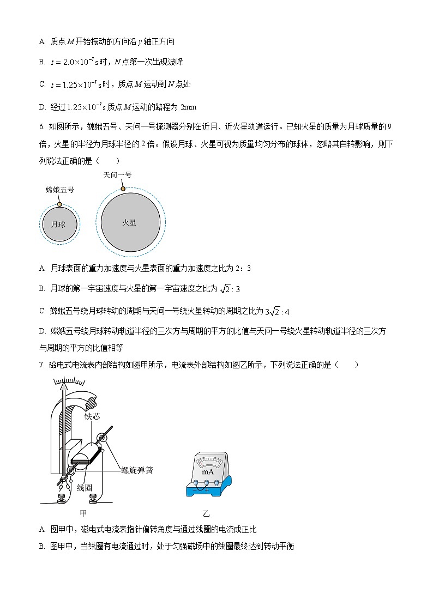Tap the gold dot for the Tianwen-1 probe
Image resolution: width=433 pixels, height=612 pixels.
tap(123, 189)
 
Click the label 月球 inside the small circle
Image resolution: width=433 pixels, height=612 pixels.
tap(58, 224)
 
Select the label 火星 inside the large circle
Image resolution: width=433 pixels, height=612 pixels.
tap(129, 222)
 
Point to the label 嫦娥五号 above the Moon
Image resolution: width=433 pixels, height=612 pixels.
tap(59, 190)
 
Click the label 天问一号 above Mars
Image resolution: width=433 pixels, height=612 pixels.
tap(117, 175)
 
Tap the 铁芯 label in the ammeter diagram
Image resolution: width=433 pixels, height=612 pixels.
tap(92, 416)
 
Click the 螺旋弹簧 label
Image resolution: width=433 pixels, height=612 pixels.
tap(137, 470)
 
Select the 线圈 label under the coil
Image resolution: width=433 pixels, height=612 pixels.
tap(84, 487)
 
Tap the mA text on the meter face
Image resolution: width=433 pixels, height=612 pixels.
tap(208, 472)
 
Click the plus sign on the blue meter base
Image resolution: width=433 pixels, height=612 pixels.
tap(207, 490)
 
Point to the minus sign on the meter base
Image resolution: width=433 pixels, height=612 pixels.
tap(194, 490)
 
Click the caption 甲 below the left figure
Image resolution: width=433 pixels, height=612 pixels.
tap(83, 513)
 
